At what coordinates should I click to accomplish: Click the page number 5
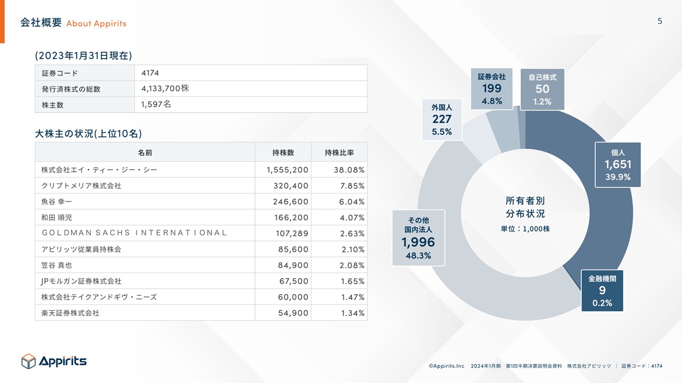click(660, 21)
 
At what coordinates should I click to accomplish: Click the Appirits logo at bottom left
click(54, 361)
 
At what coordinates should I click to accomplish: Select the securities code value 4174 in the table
click(150, 73)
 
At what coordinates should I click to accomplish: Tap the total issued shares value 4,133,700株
click(165, 89)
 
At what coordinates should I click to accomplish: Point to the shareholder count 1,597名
click(156, 105)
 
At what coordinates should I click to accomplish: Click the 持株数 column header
click(283, 153)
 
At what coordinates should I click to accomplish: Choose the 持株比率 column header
click(339, 153)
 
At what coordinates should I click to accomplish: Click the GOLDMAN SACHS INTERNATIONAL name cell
click(134, 232)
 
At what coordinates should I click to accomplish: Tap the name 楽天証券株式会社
click(70, 313)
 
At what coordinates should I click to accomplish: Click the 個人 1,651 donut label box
click(618, 164)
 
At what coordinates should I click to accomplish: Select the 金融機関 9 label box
click(602, 290)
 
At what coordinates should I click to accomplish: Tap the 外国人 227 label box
click(442, 119)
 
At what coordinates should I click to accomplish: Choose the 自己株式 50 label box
click(542, 89)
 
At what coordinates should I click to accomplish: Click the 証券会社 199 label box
click(491, 88)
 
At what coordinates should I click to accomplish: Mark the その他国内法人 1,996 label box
click(418, 237)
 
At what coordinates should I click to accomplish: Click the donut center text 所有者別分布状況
click(525, 207)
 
